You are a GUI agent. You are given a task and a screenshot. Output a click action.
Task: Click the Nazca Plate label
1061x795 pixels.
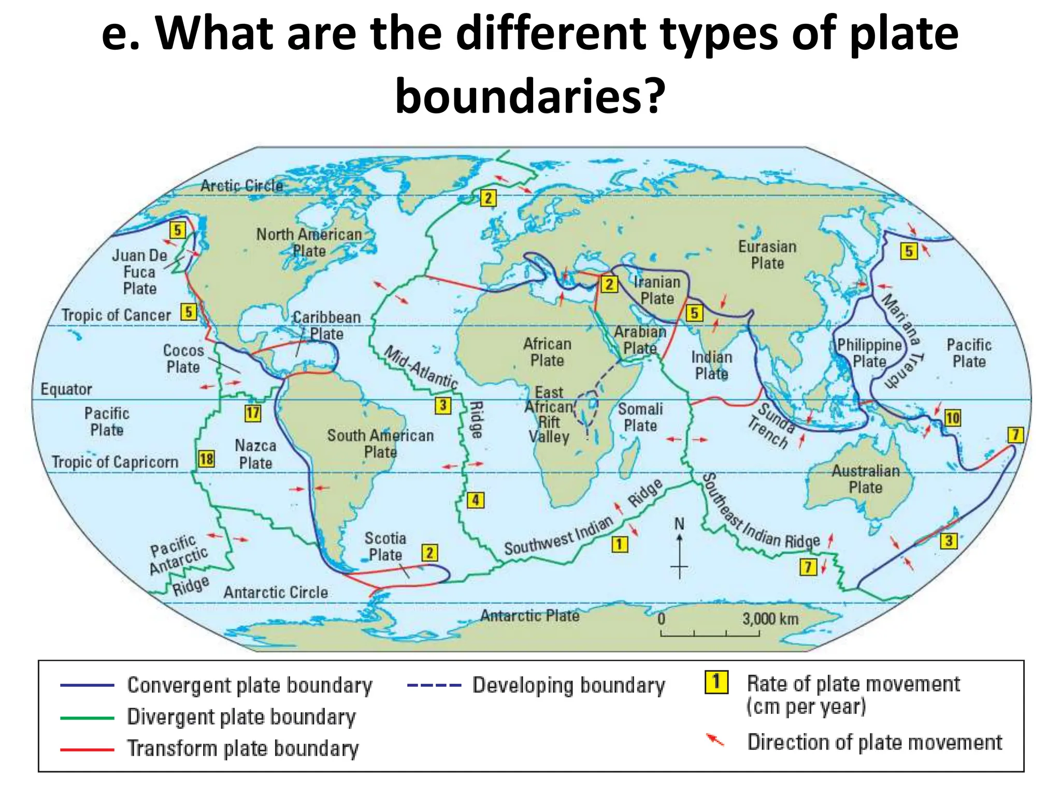(x=255, y=454)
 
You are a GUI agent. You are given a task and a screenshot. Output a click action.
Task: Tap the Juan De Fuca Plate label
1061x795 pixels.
(x=140, y=272)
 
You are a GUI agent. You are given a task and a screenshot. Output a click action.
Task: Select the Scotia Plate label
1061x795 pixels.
(x=385, y=546)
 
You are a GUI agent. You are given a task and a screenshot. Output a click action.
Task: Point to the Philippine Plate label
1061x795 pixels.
(x=870, y=353)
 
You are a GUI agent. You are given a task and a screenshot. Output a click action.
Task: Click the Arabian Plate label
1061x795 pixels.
(x=640, y=340)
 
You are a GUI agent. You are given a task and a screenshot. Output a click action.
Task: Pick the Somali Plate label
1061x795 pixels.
(x=640, y=417)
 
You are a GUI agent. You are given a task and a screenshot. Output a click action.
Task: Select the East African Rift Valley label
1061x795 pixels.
(x=549, y=415)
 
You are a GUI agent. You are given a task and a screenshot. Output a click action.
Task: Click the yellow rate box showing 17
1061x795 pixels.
(x=253, y=413)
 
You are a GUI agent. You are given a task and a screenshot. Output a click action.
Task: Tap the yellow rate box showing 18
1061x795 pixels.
(x=206, y=459)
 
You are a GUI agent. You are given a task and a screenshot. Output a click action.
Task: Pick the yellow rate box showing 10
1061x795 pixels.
(x=952, y=418)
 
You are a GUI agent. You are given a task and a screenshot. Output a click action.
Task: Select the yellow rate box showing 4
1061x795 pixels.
(x=476, y=500)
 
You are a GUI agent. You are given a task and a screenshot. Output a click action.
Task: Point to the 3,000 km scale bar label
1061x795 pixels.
(x=770, y=619)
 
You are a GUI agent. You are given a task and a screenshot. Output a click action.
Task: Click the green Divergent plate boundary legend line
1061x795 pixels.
(x=87, y=718)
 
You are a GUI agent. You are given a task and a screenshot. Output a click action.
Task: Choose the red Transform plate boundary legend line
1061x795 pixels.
(x=87, y=749)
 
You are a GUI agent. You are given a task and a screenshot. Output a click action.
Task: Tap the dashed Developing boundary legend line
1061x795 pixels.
(x=434, y=686)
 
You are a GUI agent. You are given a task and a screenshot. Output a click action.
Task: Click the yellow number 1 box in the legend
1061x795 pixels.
(x=716, y=682)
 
